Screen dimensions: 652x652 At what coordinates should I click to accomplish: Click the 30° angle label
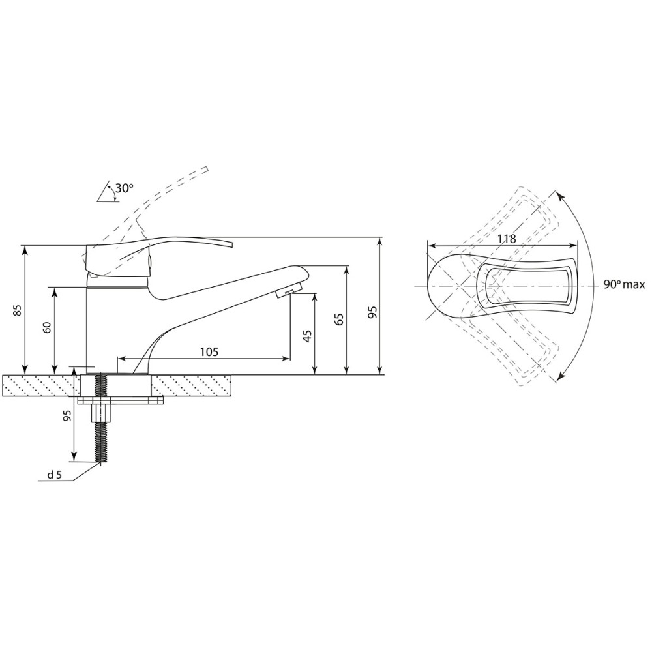click(124, 188)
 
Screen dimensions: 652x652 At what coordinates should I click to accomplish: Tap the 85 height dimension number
click(17, 310)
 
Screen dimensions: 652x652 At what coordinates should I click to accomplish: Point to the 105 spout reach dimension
click(209, 352)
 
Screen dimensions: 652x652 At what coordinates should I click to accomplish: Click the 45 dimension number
click(307, 336)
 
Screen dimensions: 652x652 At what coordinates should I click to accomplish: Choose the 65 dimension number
click(339, 319)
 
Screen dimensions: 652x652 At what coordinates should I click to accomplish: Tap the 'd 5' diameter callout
click(54, 475)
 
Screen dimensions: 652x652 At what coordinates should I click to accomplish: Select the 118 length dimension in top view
click(507, 239)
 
